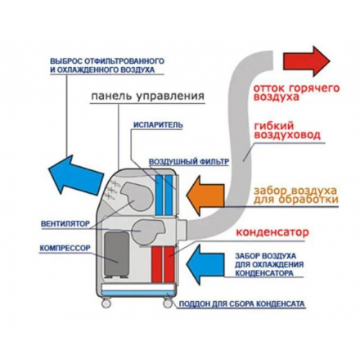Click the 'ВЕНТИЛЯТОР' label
[x=64, y=223]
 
